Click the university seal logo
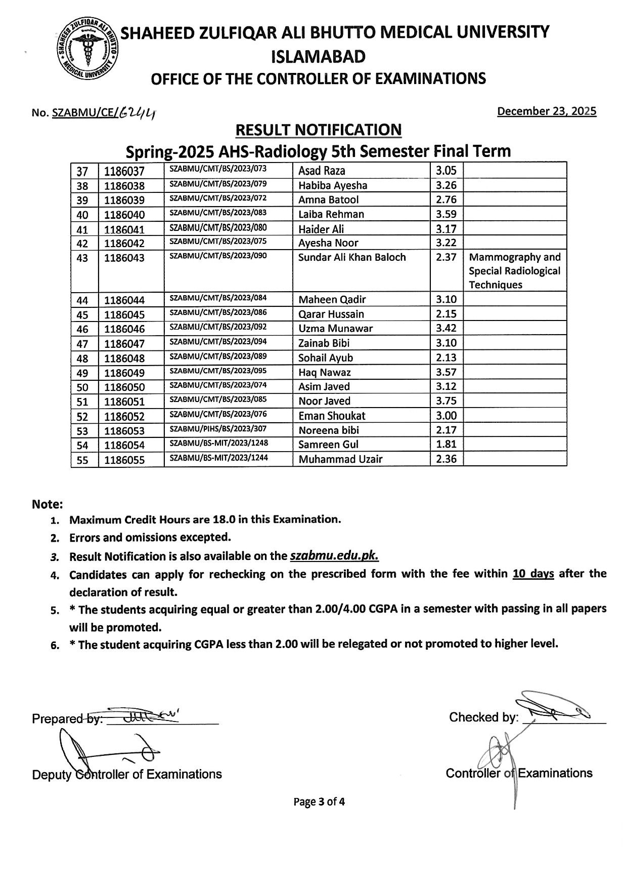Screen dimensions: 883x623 pyautogui.click(x=87, y=49)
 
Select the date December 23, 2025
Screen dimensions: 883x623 pyautogui.click(x=547, y=111)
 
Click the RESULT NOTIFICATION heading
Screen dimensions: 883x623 pyautogui.click(x=319, y=130)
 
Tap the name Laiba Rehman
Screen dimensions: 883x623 pyautogui.click(x=331, y=214)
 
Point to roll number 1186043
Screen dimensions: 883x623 pyautogui.click(x=124, y=258)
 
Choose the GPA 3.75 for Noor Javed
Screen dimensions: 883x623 pyautogui.click(x=446, y=401)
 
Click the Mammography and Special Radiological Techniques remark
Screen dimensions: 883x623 pyautogui.click(x=514, y=271)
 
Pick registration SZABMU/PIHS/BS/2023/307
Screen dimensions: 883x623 pyautogui.click(x=218, y=429)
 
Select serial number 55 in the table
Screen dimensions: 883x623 pyautogui.click(x=82, y=460)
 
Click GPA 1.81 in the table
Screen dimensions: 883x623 pyautogui.click(x=446, y=444)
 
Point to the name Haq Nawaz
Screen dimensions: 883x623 pyautogui.click(x=324, y=373)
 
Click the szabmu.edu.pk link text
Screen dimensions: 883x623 pyautogui.click(x=334, y=556)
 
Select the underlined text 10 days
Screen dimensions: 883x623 pyautogui.click(x=533, y=574)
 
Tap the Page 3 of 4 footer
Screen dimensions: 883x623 pyautogui.click(x=319, y=802)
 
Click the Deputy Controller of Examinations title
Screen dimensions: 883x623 pyautogui.click(x=127, y=775)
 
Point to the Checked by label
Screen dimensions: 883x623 pyautogui.click(x=483, y=717)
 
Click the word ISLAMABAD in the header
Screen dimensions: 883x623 pyautogui.click(x=319, y=57)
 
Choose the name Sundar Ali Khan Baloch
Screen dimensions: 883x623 pyautogui.click(x=352, y=257)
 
